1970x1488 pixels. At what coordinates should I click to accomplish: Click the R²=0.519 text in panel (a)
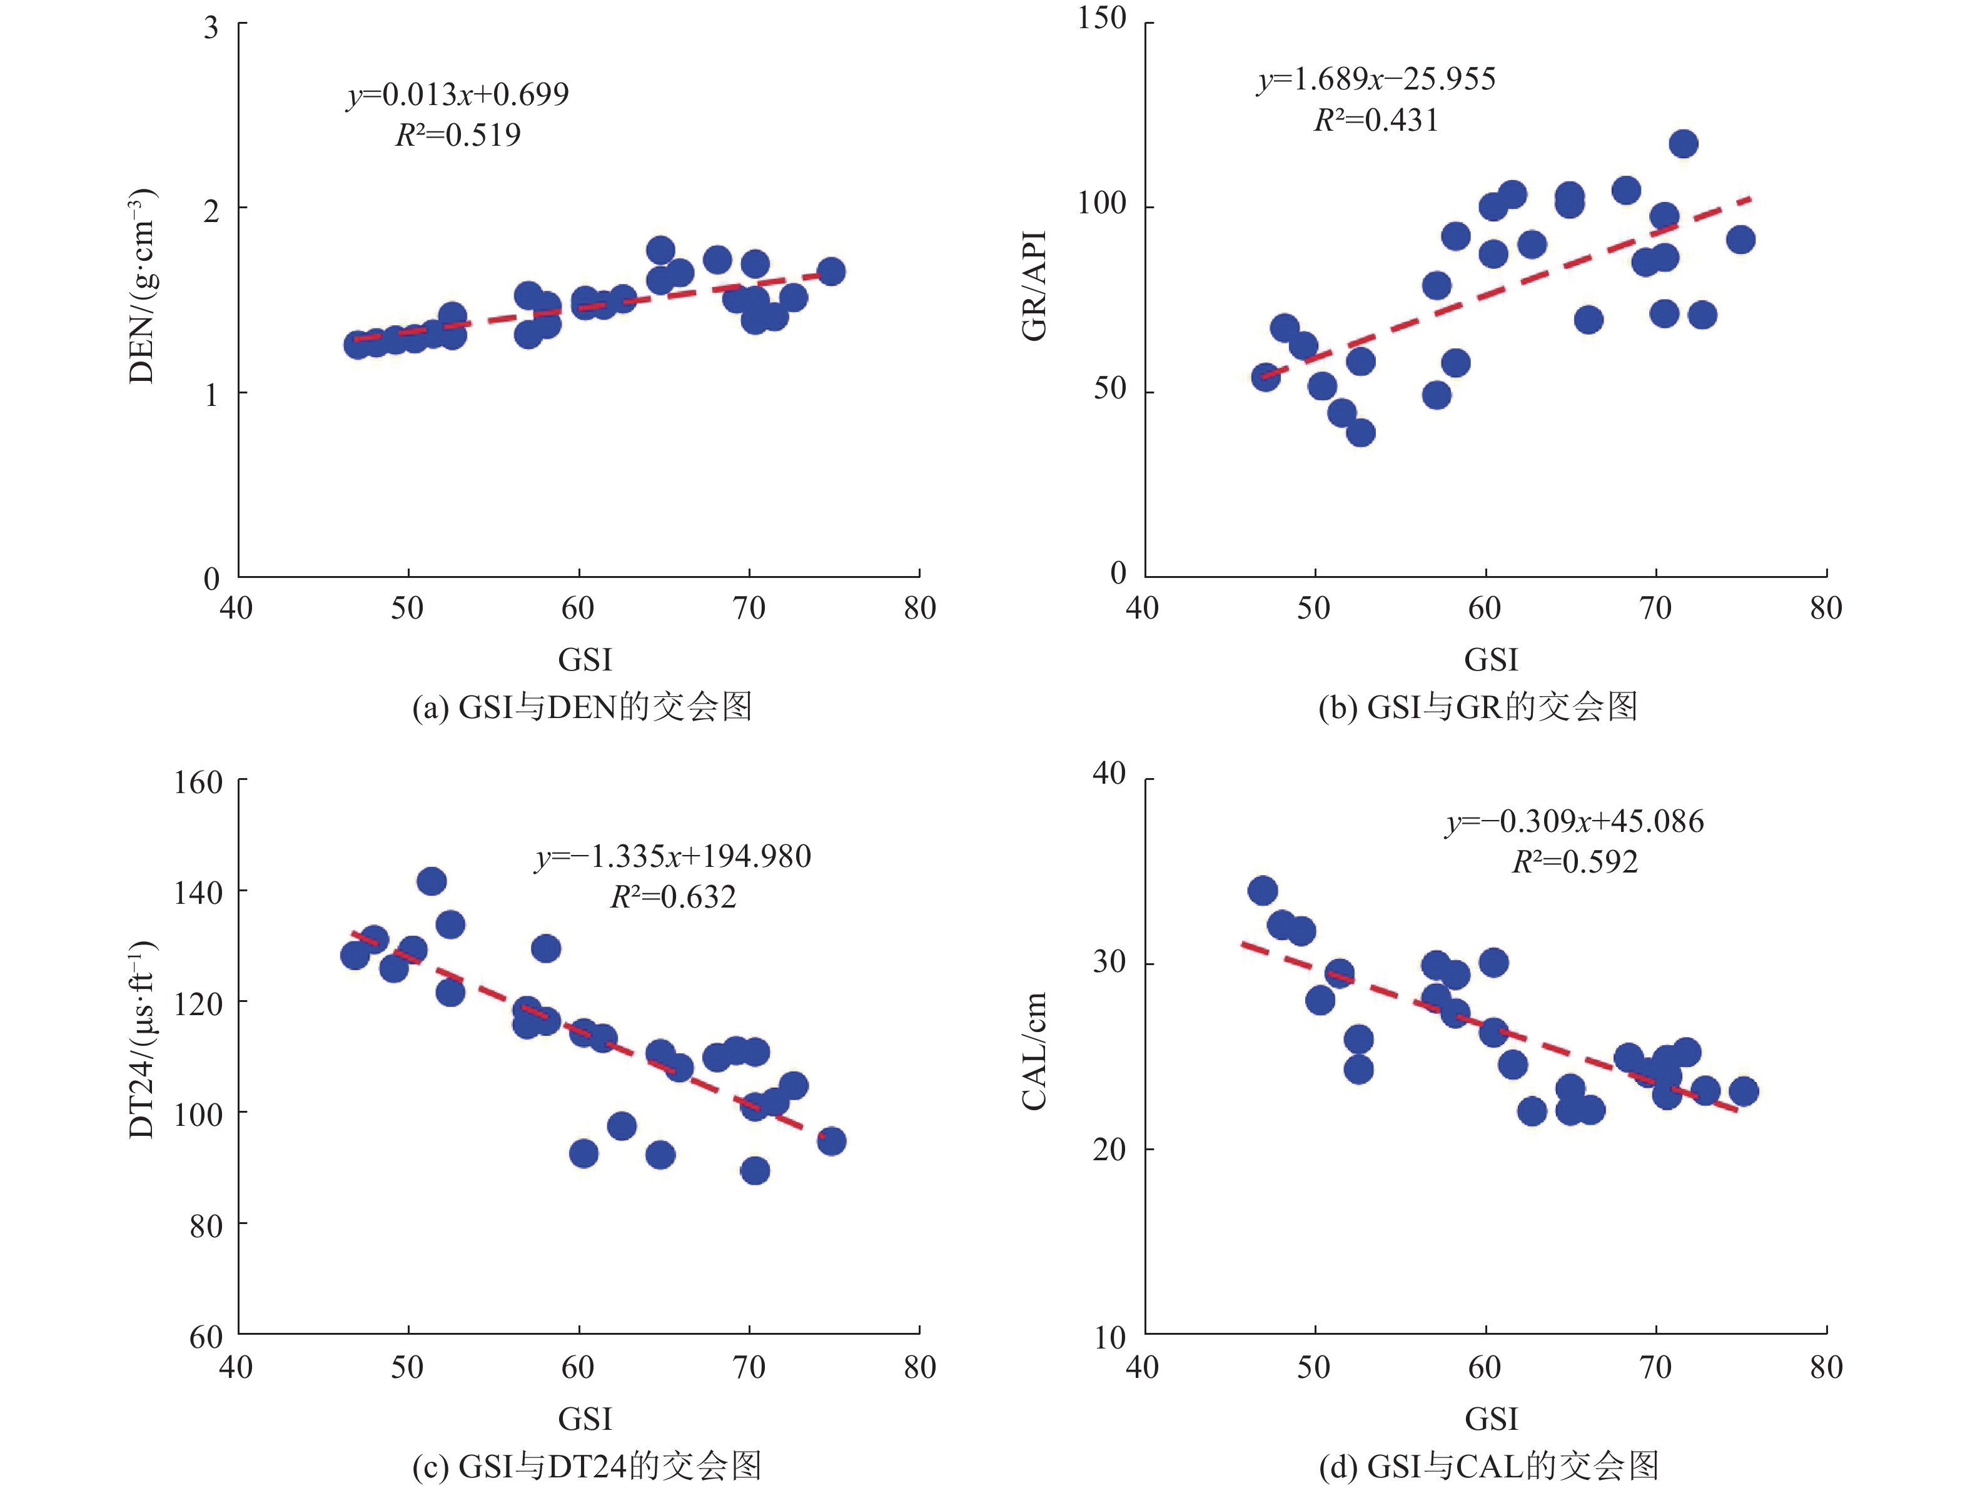click(x=458, y=135)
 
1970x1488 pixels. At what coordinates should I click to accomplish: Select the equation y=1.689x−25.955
click(x=1376, y=79)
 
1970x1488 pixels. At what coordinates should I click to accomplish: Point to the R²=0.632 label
click(x=674, y=897)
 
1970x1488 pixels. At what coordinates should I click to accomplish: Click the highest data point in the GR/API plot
click(x=1683, y=143)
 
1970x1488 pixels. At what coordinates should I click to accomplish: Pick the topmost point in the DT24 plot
click(x=431, y=881)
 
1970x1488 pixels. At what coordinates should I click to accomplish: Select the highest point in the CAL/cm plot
click(x=1263, y=891)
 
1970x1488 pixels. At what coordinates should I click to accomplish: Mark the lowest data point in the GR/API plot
click(x=1361, y=433)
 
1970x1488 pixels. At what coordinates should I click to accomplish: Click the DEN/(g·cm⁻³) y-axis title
click(x=143, y=286)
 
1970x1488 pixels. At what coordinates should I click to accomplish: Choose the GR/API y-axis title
click(x=1034, y=286)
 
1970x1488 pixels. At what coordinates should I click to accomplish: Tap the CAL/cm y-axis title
click(x=1034, y=1051)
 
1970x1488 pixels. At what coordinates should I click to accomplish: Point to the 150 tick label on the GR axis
click(x=1102, y=19)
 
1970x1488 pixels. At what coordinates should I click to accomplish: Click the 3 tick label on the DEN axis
click(x=211, y=29)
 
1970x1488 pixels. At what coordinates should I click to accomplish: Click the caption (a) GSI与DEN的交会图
click(x=582, y=707)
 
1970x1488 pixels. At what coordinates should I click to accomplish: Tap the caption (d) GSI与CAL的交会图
click(x=1488, y=1465)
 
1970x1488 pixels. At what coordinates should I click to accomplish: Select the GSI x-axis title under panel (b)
click(x=1491, y=660)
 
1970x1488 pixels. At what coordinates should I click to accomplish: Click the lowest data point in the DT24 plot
click(x=754, y=1171)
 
